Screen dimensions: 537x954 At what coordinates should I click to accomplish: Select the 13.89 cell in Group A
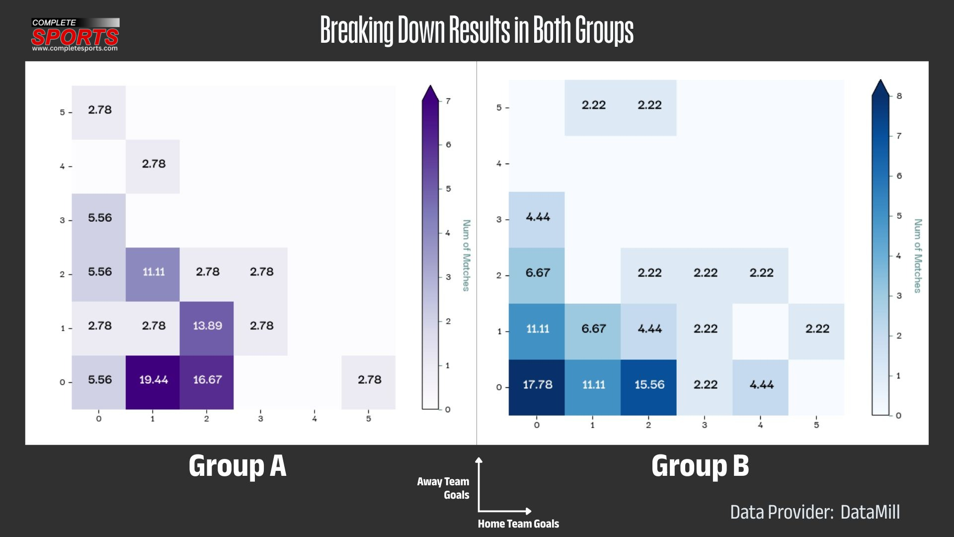click(207, 326)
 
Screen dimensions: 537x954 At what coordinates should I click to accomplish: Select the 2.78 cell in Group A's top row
click(99, 110)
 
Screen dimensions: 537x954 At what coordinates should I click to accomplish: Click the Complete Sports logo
click(75, 35)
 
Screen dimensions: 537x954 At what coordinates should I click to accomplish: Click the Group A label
click(238, 466)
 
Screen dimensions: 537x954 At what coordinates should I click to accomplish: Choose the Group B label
click(700, 466)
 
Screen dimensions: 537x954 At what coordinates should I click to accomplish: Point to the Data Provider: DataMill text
click(815, 512)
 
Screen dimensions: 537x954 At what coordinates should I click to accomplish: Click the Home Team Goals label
click(518, 524)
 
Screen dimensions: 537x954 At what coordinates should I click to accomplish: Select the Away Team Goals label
click(443, 488)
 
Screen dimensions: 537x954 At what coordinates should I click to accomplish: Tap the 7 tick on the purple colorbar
click(448, 101)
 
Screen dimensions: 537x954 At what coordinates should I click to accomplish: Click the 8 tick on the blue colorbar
click(899, 96)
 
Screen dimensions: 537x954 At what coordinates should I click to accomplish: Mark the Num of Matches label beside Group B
click(918, 256)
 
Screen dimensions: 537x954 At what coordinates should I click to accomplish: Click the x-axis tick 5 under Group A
click(369, 419)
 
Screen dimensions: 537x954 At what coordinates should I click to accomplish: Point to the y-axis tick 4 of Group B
click(499, 163)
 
